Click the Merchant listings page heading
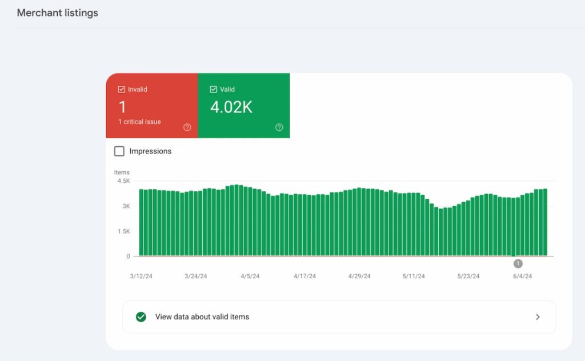click(57, 13)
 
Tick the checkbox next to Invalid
click(122, 89)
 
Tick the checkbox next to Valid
click(214, 89)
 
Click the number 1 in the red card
click(122, 107)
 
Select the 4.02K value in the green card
click(231, 107)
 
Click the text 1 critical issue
click(139, 122)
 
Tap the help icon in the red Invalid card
click(187, 127)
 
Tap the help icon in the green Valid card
click(279, 127)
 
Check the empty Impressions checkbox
click(119, 151)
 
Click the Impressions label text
click(150, 151)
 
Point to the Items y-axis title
click(122, 172)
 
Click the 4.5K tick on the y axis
click(123, 181)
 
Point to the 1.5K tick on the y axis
click(123, 231)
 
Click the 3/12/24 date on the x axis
click(141, 276)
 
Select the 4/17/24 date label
click(305, 276)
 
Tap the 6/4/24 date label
click(522, 276)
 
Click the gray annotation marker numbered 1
click(518, 263)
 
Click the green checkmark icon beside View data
click(141, 317)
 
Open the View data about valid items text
click(202, 317)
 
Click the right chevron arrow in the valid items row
click(538, 317)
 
